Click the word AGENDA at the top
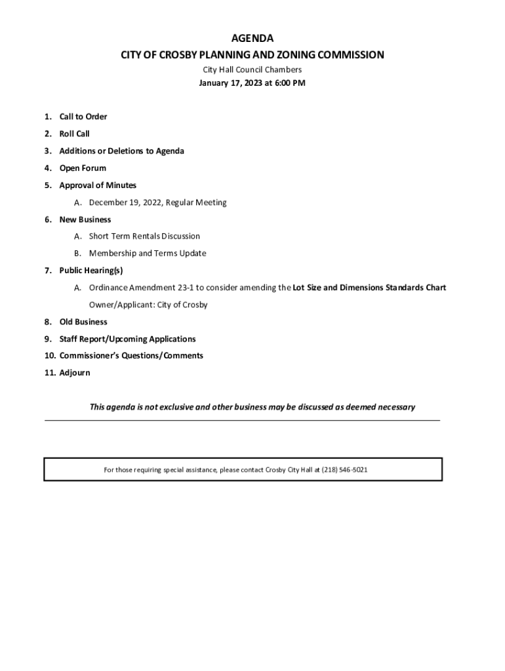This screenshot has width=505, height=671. (253, 39)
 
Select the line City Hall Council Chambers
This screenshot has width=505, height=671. (253, 69)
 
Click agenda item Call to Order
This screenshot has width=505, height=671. (83, 117)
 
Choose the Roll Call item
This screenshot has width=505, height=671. (75, 134)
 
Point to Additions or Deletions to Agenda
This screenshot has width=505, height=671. (122, 151)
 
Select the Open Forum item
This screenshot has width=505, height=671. (83, 168)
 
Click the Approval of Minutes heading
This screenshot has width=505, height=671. (98, 185)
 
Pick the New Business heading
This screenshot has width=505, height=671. (85, 220)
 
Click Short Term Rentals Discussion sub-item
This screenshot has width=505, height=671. (144, 236)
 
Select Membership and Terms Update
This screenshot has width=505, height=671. (148, 253)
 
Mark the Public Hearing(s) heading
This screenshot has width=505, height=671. (91, 270)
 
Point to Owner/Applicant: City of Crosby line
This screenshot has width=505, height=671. (149, 305)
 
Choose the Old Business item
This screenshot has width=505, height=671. (83, 322)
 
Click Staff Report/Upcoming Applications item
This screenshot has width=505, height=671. (128, 339)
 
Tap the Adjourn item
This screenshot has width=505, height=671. (75, 373)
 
